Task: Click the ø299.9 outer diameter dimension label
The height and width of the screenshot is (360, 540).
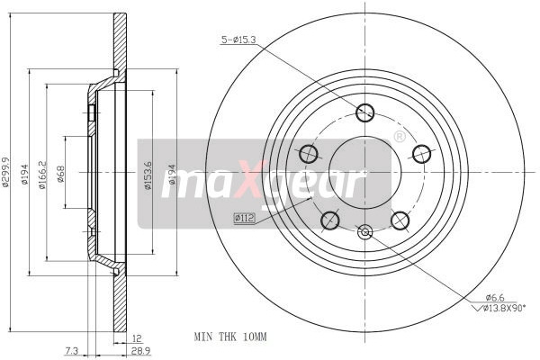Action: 7,170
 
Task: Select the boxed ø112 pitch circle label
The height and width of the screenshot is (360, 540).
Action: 244,217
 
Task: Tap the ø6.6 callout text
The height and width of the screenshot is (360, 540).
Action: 495,297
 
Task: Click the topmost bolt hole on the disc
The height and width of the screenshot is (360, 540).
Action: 364,112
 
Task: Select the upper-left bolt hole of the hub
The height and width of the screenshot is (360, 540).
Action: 308,154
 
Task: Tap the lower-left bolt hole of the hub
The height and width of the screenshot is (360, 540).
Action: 329,220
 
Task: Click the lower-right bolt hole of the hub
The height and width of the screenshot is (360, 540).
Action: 400,220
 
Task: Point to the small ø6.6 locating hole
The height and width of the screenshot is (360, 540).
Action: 364,233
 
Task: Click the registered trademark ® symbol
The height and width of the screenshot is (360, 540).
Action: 399,137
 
